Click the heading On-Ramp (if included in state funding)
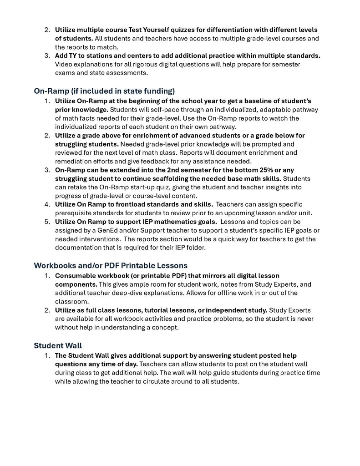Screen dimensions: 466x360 104,91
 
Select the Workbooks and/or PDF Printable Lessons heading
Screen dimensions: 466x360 111,265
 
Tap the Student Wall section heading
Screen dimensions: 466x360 58,345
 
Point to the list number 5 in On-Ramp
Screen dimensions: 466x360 47,222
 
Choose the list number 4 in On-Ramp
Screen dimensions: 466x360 47,204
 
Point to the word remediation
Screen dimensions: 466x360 76,161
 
